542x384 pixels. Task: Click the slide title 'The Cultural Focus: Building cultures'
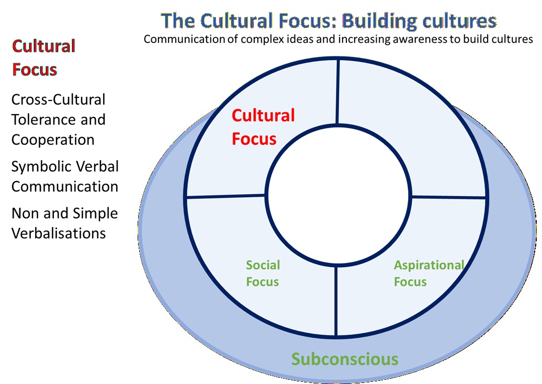[329, 21]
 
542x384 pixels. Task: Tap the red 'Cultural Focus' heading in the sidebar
[43, 58]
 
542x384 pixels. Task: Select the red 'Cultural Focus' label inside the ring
[263, 127]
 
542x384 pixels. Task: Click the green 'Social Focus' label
[263, 273]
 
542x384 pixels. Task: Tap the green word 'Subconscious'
[344, 359]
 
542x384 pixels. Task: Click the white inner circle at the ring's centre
[337, 196]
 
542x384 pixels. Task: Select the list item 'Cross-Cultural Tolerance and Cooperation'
[59, 120]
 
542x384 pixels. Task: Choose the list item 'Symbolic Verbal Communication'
[65, 176]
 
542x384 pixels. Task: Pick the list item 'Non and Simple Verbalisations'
[64, 223]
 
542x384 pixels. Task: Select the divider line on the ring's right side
[449, 197]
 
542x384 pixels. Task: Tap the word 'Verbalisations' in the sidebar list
[59, 233]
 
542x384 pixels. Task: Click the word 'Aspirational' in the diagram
[428, 265]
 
